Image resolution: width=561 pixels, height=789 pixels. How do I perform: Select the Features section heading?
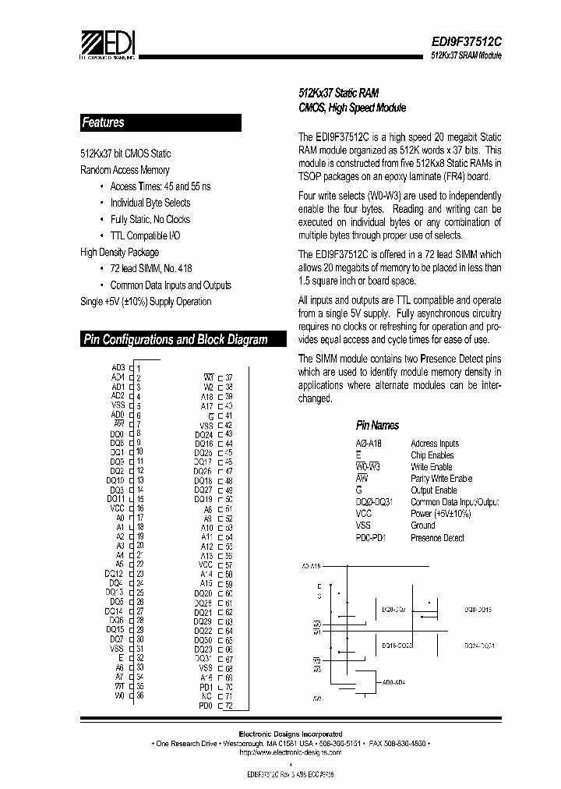[103, 122]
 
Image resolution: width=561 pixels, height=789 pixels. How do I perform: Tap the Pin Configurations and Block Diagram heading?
[175, 339]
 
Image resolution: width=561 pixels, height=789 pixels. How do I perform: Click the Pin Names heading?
[377, 425]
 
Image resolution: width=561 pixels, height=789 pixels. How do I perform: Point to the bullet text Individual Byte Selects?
[150, 203]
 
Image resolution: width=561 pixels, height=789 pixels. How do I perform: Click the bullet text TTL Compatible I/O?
[146, 235]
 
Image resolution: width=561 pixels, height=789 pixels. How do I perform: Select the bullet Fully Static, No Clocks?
[150, 219]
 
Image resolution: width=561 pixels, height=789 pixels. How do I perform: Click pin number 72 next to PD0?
[229, 706]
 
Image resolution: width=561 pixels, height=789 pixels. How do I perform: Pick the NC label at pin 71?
[206, 696]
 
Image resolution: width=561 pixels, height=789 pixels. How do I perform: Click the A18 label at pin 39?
[206, 396]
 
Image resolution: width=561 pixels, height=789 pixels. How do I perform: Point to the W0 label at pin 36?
[119, 695]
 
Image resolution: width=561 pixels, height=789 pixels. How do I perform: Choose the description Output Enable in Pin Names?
[433, 490]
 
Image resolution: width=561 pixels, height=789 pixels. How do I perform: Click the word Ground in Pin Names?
[423, 525]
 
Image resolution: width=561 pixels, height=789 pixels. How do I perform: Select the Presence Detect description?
[437, 538]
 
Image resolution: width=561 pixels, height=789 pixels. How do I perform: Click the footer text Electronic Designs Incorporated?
[289, 734]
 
